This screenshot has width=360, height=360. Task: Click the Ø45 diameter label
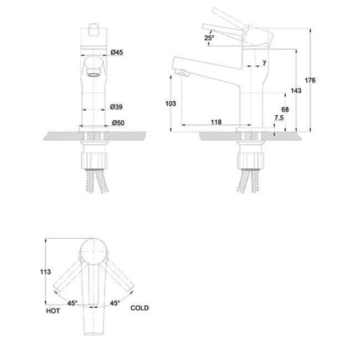point(117,53)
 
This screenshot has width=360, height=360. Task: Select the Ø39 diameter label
point(116,107)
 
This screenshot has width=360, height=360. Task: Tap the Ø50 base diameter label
point(118,123)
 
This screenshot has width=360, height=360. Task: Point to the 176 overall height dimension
point(310,80)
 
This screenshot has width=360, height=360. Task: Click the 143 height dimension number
point(296,91)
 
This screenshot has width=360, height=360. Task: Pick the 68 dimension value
point(285,110)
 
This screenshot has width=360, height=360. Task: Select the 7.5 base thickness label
point(279,118)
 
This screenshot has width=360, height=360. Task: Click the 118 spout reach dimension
point(216,122)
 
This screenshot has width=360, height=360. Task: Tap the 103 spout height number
point(171,104)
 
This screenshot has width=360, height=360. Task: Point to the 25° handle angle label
point(209,38)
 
